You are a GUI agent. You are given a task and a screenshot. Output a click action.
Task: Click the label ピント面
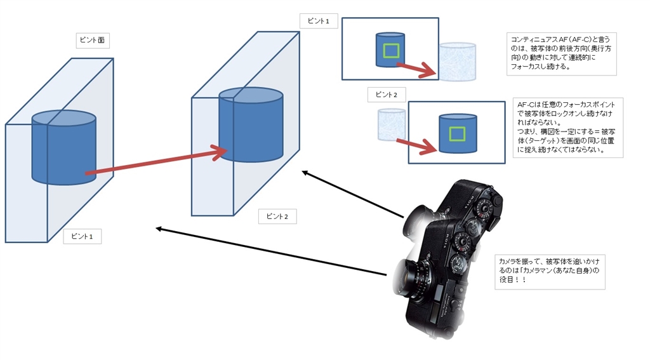pos(92,40)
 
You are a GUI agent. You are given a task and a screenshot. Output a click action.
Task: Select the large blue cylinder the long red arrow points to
pos(251,127)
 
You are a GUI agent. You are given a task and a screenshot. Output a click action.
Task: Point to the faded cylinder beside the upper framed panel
pos(458,62)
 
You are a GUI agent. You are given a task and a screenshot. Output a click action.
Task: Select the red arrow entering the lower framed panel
pos(416,147)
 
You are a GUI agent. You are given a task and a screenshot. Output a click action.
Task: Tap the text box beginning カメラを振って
pos(550,272)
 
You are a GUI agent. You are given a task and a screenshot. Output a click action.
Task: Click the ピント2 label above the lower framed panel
pos(386,95)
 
